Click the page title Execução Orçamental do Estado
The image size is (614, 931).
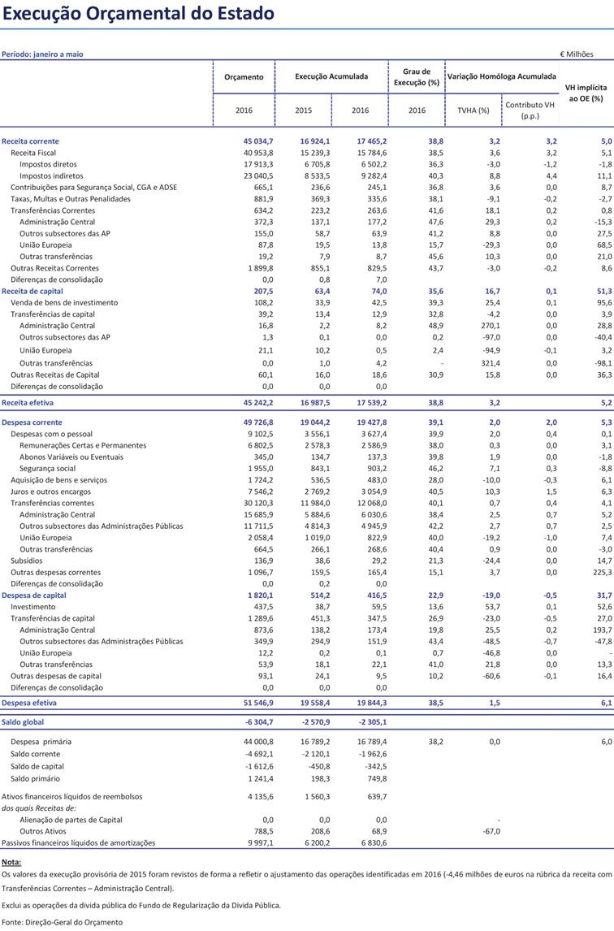138,14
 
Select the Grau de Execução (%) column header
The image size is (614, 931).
417,77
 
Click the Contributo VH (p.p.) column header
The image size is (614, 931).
530,110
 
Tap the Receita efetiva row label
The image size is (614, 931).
27,402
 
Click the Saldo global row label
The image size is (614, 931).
24,721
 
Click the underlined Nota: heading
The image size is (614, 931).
11,861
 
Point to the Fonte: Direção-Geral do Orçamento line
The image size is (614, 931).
62,922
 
